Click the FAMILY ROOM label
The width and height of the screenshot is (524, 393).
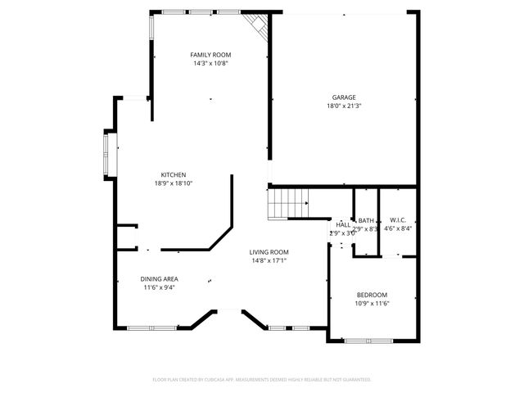(x=210, y=55)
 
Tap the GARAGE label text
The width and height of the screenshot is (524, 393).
(x=344, y=97)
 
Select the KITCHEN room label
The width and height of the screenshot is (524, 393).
(x=173, y=175)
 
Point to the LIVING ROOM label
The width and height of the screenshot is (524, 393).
(x=269, y=252)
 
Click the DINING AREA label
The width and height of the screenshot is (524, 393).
(x=160, y=279)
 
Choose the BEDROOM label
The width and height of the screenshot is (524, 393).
(x=372, y=295)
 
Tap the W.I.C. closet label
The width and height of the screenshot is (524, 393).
(x=398, y=220)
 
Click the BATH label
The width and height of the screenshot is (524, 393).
(x=366, y=220)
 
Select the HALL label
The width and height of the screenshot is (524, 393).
(x=343, y=224)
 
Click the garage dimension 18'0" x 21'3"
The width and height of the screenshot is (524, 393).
(x=344, y=106)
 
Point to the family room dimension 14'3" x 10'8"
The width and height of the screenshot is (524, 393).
(x=210, y=63)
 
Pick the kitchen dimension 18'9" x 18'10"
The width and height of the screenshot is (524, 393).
(x=173, y=183)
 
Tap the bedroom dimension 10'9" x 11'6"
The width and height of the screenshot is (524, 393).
(x=372, y=303)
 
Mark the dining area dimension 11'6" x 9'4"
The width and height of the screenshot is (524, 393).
(x=160, y=287)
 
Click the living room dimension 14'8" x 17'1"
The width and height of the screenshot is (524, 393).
(x=269, y=260)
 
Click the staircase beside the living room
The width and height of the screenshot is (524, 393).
(x=288, y=202)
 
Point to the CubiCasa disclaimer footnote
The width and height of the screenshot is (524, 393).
(x=262, y=380)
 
